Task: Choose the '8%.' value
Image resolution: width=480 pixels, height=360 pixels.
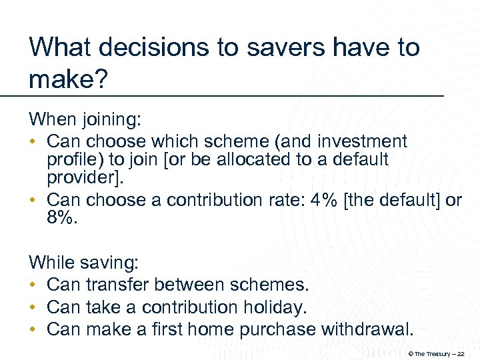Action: (63, 219)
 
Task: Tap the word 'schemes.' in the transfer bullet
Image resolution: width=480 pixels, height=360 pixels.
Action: (269, 285)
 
